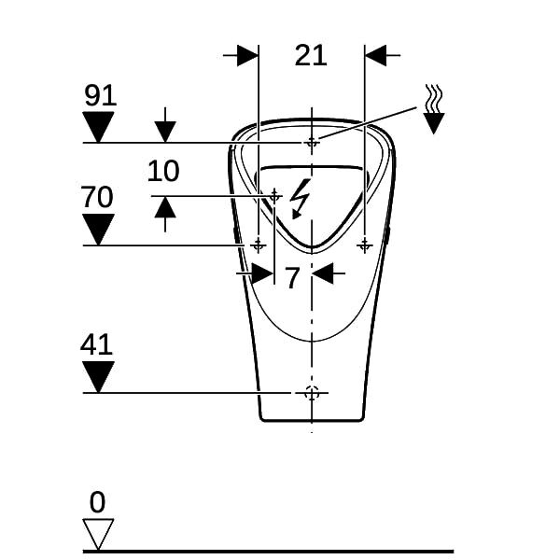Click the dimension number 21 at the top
click(x=311, y=56)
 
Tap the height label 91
click(x=101, y=95)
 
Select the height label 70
click(x=97, y=196)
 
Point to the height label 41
click(x=96, y=344)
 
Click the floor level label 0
click(x=97, y=502)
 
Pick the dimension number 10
click(x=163, y=171)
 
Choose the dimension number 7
click(x=292, y=277)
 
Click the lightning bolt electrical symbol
click(x=300, y=199)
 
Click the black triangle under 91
click(x=98, y=127)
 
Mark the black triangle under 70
click(x=98, y=230)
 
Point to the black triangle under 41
click(x=98, y=377)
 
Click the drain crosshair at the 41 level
click(x=312, y=393)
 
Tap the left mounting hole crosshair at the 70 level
click(x=258, y=245)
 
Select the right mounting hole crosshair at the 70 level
click(x=365, y=245)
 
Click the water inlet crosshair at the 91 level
click(x=312, y=143)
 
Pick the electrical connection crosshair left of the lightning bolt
click(x=274, y=196)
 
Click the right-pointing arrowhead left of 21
click(x=248, y=55)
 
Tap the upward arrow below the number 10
click(x=165, y=215)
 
